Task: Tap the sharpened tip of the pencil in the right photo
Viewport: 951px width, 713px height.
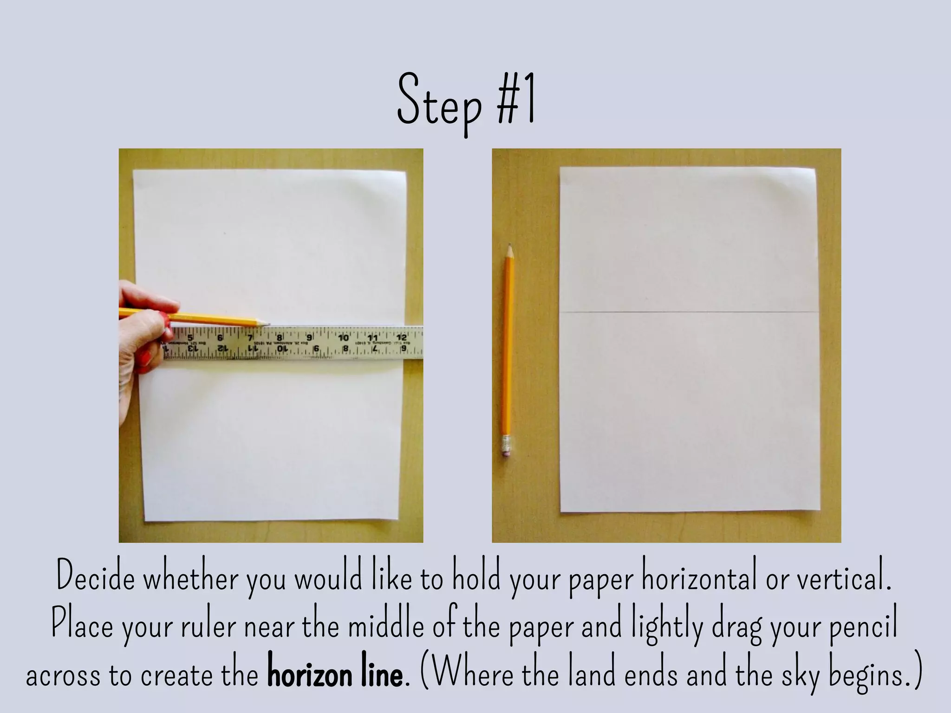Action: tap(510, 246)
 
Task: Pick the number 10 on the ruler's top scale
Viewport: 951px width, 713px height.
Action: tap(344, 337)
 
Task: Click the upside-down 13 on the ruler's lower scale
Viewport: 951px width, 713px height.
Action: tap(191, 348)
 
